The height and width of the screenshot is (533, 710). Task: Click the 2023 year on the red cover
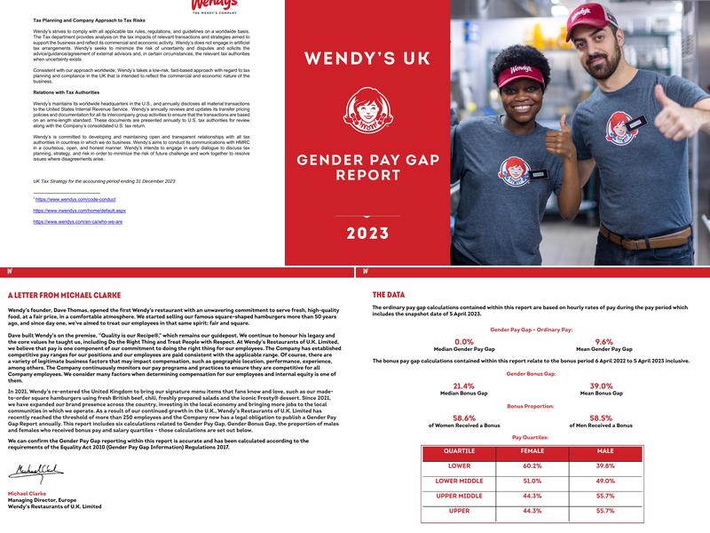click(x=367, y=235)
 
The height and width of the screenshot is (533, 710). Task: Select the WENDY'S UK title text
click(x=367, y=60)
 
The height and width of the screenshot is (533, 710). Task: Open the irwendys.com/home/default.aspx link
click(x=79, y=211)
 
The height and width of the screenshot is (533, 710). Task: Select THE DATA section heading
click(x=390, y=294)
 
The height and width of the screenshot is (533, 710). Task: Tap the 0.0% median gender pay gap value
click(x=463, y=341)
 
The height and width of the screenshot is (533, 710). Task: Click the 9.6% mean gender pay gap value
click(x=603, y=341)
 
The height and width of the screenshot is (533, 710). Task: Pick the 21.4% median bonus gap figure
click(x=463, y=386)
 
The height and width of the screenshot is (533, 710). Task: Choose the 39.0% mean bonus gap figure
click(x=603, y=386)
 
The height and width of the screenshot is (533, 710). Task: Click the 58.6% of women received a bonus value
click(x=463, y=418)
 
